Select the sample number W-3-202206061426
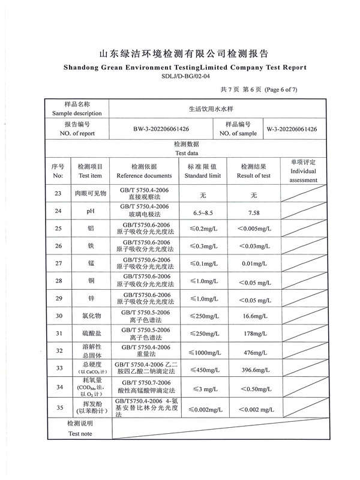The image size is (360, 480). pos(292,129)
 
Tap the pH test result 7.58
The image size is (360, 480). pos(254,212)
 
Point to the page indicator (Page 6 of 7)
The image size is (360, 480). pos(276,90)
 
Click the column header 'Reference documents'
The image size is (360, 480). pos(144,176)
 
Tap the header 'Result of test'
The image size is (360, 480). pos(254,176)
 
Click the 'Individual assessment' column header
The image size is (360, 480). pos(304,176)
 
